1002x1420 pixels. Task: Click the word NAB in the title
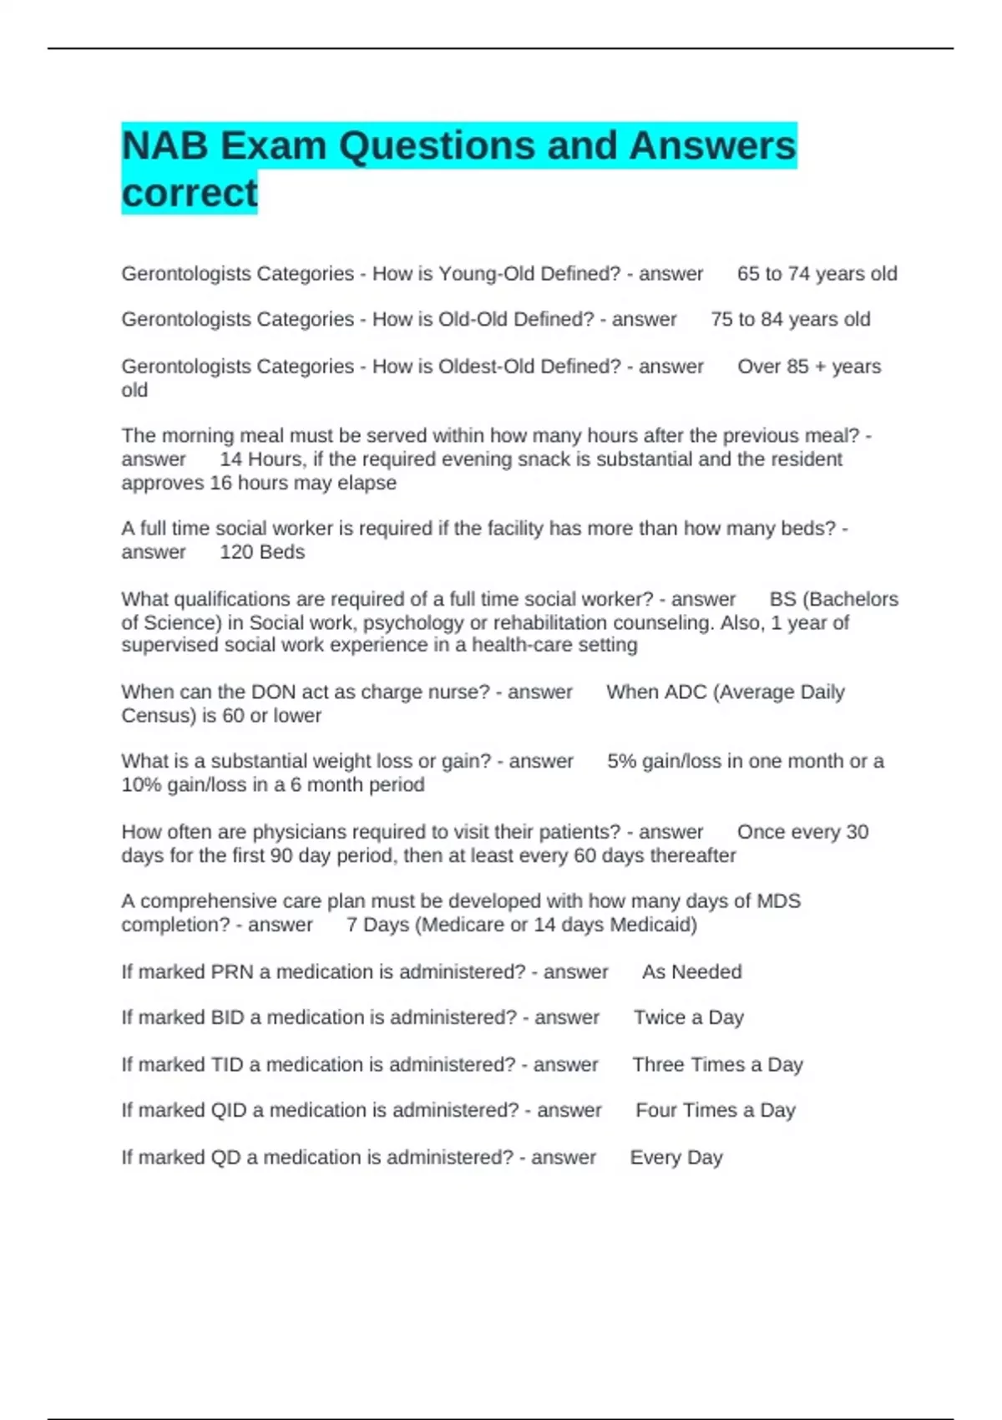[x=164, y=146]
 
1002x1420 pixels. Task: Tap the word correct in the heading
[x=190, y=193]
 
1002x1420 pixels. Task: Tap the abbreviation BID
[x=228, y=1017]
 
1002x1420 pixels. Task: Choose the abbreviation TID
[x=227, y=1065]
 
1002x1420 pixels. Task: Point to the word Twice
[x=660, y=1017]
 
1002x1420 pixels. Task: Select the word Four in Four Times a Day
[x=654, y=1110]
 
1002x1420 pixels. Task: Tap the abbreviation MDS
[x=778, y=901]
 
